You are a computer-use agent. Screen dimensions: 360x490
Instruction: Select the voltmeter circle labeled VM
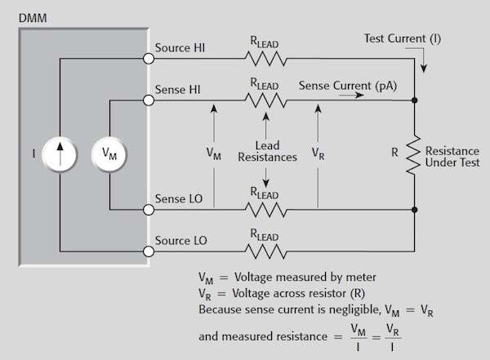108,153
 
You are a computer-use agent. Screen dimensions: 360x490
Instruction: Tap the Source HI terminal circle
148,59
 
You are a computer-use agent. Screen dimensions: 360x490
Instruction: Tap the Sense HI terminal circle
148,100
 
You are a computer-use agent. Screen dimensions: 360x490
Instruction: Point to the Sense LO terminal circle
148,209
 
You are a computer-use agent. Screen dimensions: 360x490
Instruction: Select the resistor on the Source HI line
263,59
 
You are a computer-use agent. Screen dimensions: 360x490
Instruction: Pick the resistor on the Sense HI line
263,100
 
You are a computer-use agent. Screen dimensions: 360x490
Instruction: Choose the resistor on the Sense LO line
263,209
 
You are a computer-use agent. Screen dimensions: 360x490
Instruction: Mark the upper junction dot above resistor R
414,100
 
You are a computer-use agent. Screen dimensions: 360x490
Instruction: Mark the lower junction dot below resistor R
414,209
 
